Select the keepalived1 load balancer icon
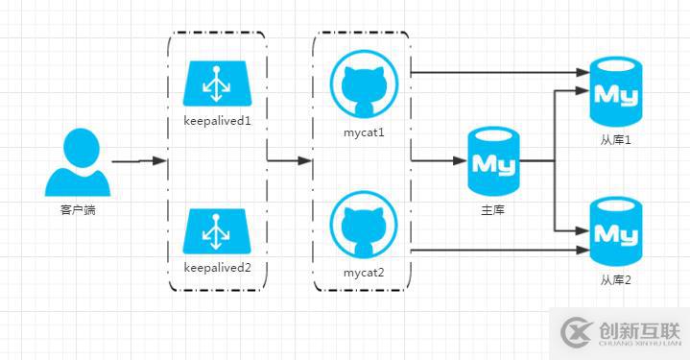217,84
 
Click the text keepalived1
217,122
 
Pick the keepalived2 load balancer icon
217,231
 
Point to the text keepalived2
217,269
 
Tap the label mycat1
363,132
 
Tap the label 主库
493,208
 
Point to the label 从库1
616,140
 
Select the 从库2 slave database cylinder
616,231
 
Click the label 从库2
616,279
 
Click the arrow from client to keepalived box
139,161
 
